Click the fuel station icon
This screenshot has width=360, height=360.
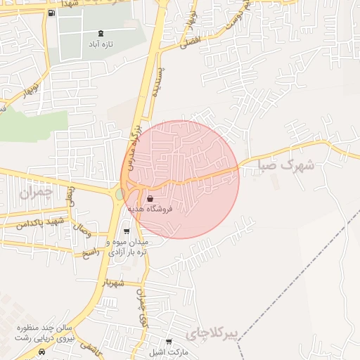[x=52, y=13]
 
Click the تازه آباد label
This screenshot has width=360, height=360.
[x=102, y=44]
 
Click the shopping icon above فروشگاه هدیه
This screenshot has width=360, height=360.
[x=150, y=199]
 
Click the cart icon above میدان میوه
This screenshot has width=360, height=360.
[x=127, y=231]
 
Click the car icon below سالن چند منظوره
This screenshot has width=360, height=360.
[x=44, y=350]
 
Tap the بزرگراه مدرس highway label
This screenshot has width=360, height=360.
[x=135, y=137]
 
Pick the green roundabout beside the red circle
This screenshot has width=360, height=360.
[x=120, y=192]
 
